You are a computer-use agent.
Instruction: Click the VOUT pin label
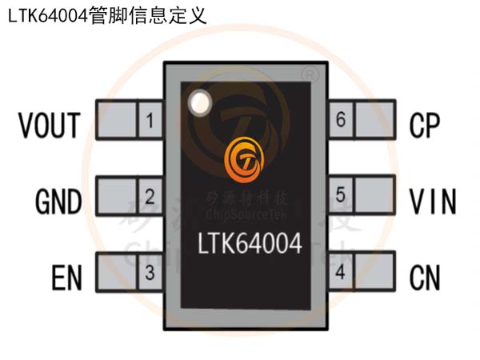pos(50,126)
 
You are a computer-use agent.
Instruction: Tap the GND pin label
pos(58,202)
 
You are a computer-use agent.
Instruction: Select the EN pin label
pos(67,278)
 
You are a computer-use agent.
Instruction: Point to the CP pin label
pos(425,126)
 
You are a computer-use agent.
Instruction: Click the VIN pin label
pos(433,202)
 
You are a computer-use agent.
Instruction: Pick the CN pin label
pos(425,278)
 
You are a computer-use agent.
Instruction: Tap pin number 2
pos(149,197)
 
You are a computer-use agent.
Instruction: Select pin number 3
pos(149,273)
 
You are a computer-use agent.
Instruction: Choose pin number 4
pos(340,273)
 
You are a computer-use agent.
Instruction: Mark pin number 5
pos(340,195)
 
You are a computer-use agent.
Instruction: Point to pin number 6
pos(340,121)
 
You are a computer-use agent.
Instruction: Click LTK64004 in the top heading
pos(47,16)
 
